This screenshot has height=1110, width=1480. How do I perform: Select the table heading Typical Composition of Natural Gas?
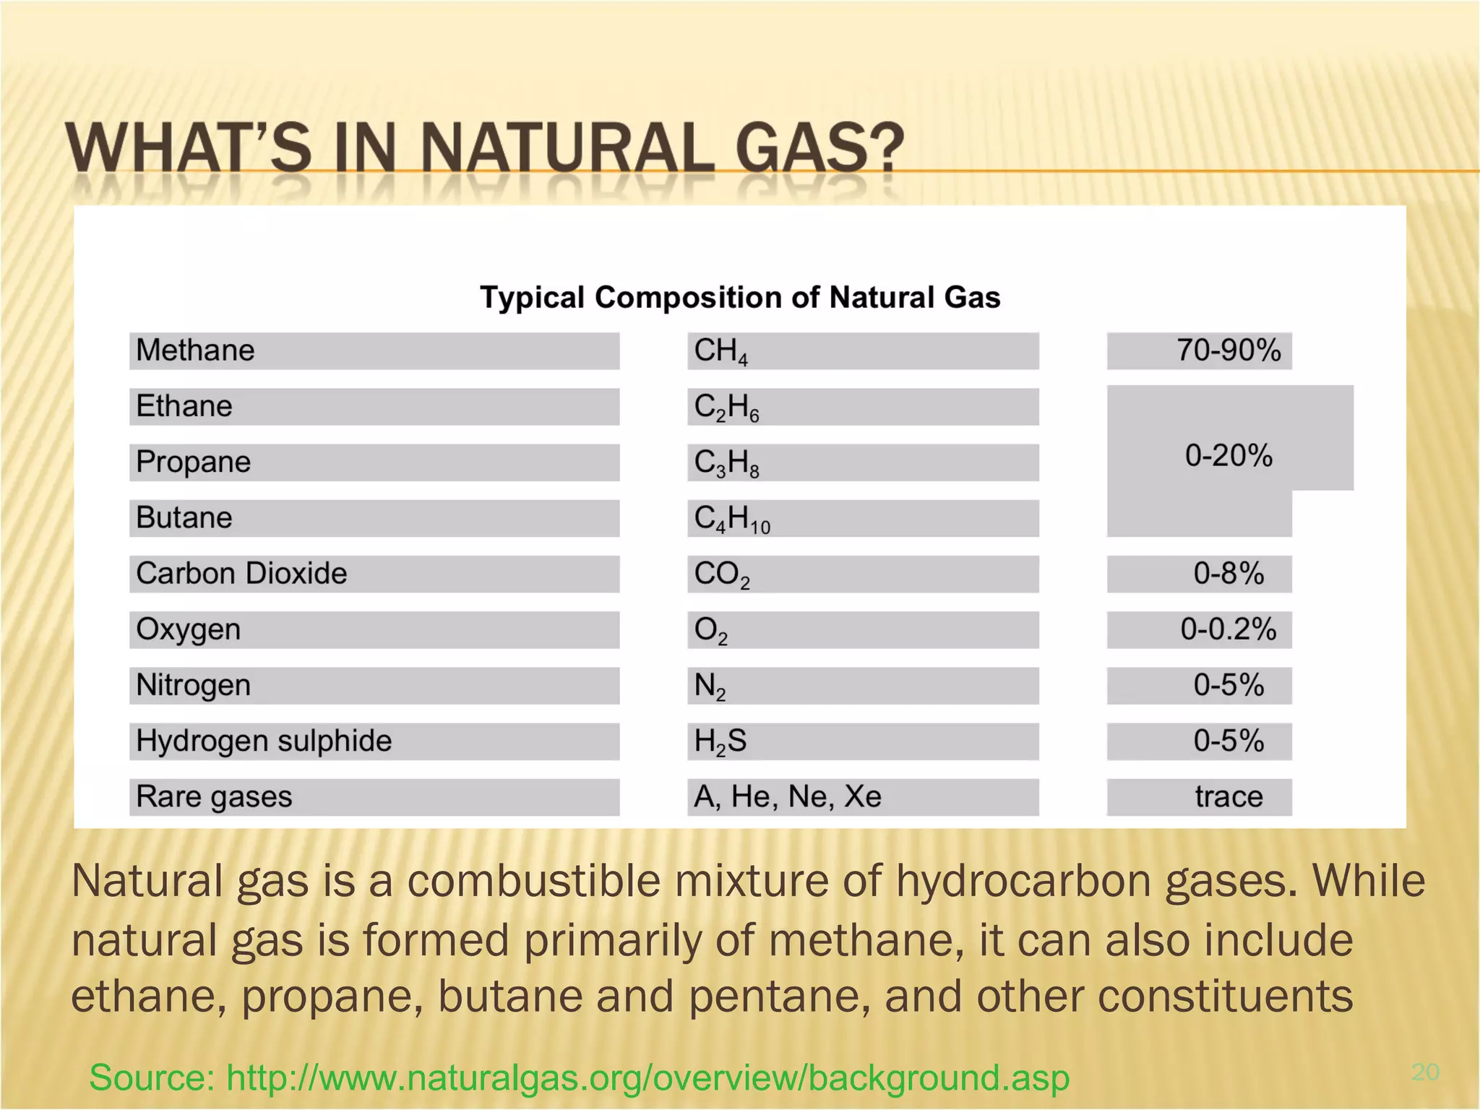pyautogui.click(x=740, y=297)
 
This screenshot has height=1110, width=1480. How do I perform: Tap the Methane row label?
pyautogui.click(x=195, y=350)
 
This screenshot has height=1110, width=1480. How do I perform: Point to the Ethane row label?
pyautogui.click(x=184, y=406)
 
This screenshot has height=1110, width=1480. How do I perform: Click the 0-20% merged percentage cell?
pyautogui.click(x=1229, y=455)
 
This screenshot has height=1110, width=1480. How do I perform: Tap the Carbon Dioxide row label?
pyautogui.click(x=241, y=574)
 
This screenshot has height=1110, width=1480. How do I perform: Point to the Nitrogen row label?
pyautogui.click(x=193, y=685)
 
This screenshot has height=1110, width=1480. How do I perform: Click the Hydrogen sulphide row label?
pyautogui.click(x=264, y=741)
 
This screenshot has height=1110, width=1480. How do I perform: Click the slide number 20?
pyautogui.click(x=1425, y=1072)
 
